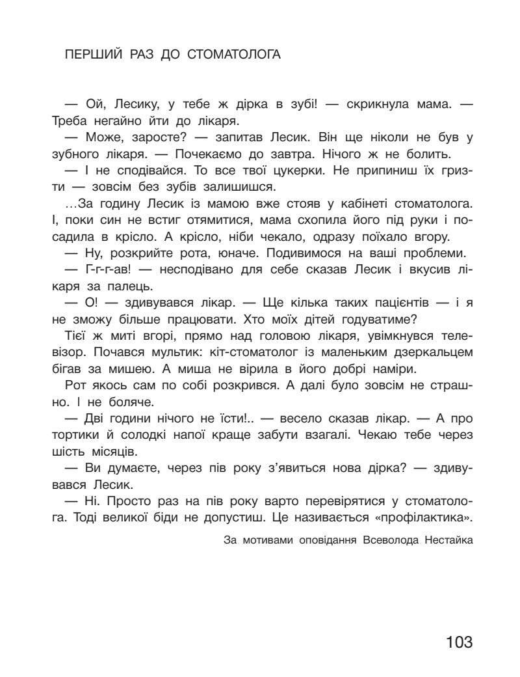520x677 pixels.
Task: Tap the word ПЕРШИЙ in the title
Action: [90, 55]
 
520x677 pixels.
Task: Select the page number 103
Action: [459, 642]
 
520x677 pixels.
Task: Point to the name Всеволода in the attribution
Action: [385, 540]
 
